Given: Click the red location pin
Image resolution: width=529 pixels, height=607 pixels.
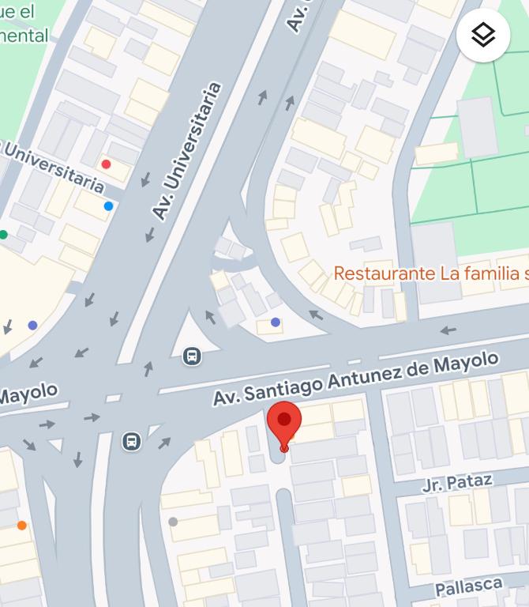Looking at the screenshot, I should coord(284,423).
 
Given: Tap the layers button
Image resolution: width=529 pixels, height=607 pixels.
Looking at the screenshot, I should coord(482,35).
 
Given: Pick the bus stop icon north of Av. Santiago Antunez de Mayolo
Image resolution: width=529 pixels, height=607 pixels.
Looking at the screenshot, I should coord(192,356).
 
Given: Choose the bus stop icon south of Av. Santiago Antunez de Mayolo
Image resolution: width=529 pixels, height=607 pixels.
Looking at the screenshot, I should coord(132,441).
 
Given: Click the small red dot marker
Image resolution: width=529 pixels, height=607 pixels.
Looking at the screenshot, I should coord(106,164).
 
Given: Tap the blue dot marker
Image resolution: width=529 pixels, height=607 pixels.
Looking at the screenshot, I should coord(108,206).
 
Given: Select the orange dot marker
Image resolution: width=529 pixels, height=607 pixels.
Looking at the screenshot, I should coord(21,526).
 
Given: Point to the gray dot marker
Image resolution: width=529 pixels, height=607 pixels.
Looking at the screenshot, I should coord(173,522).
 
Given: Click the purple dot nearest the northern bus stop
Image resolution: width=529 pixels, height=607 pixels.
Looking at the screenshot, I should coord(275,322).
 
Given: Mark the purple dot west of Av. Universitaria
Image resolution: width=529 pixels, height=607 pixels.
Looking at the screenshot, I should coord(32,325).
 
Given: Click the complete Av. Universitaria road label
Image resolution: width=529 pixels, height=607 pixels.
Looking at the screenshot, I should coord(186,151).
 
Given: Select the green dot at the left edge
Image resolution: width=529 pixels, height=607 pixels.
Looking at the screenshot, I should coord(3,235).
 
